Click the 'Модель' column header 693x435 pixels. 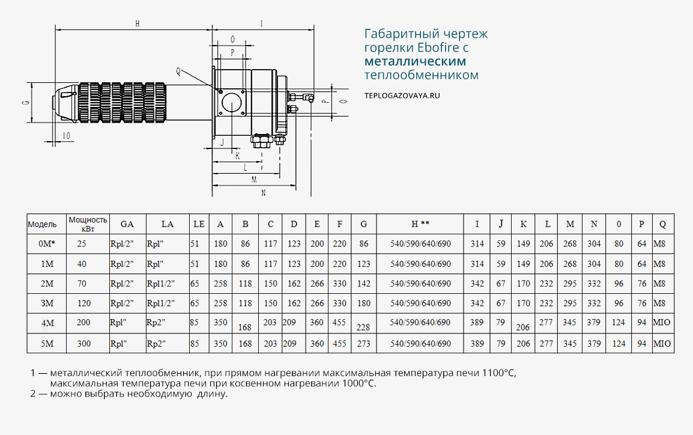pyautogui.click(x=42, y=224)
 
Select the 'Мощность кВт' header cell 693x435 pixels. pyautogui.click(x=88, y=224)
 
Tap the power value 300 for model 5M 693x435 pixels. pyautogui.click(x=83, y=344)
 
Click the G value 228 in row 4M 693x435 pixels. pyautogui.click(x=363, y=327)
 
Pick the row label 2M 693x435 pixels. pyautogui.click(x=47, y=284)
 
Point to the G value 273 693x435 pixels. pyautogui.click(x=364, y=344)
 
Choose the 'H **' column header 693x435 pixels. pyautogui.click(x=420, y=224)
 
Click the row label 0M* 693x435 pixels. pyautogui.click(x=47, y=244)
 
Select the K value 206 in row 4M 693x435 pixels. pyautogui.click(x=523, y=327)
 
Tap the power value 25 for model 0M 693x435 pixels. pyautogui.click(x=82, y=244)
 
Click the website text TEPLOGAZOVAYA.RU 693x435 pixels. pyautogui.click(x=402, y=95)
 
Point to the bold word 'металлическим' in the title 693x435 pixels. pyautogui.click(x=415, y=61)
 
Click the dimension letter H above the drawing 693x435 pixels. pyautogui.click(x=137, y=24)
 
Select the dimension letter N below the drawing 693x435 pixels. pyautogui.click(x=263, y=193)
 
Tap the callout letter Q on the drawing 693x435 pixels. pyautogui.click(x=178, y=71)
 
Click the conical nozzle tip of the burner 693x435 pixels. pyautogui.click(x=65, y=103)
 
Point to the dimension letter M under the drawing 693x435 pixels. pyautogui.click(x=254, y=179)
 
